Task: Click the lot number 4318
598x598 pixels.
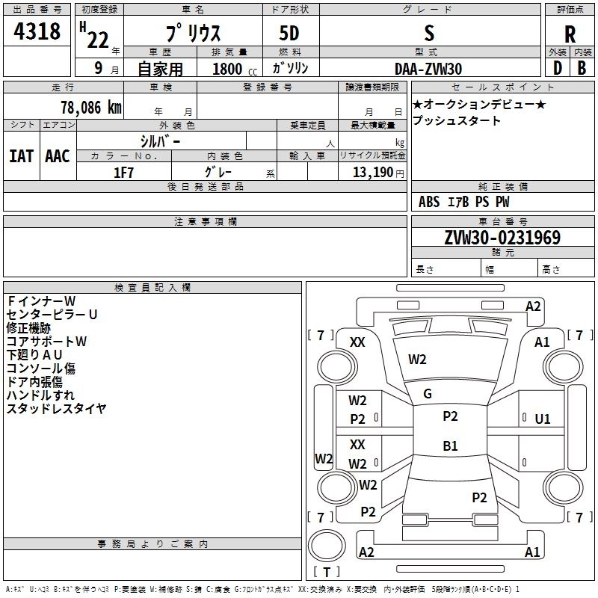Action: [37, 31]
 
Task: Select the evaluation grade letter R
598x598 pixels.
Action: [570, 34]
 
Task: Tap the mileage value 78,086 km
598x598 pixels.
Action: [91, 107]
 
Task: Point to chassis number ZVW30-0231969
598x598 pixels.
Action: [502, 237]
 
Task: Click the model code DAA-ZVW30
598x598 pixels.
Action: [428, 69]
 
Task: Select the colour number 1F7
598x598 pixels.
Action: [123, 173]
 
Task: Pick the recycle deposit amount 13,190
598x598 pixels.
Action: [372, 173]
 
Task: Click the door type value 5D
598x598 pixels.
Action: [289, 33]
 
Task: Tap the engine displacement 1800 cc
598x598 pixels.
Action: [235, 69]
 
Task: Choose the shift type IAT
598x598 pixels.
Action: [22, 156]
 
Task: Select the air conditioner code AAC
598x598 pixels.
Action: [58, 156]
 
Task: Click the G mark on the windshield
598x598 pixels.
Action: [428, 394]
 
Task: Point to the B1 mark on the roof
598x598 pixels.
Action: [450, 446]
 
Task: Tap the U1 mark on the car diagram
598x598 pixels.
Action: [543, 419]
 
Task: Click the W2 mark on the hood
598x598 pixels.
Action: [417, 360]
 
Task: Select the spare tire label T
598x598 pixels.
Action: [327, 572]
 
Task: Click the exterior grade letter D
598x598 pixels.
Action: [558, 68]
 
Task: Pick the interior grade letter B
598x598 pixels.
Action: [582, 68]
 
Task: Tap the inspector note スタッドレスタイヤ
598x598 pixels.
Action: [57, 408]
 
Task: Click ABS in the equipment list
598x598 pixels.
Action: [429, 202]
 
